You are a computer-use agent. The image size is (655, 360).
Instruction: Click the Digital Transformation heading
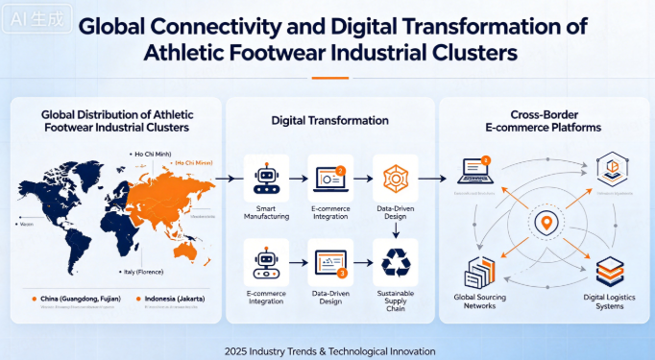tap(328, 121)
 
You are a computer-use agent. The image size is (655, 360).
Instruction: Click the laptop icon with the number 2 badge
tap(328, 177)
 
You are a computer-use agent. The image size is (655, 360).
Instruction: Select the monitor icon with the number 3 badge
tap(327, 262)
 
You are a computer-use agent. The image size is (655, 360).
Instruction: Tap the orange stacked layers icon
tap(610, 270)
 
